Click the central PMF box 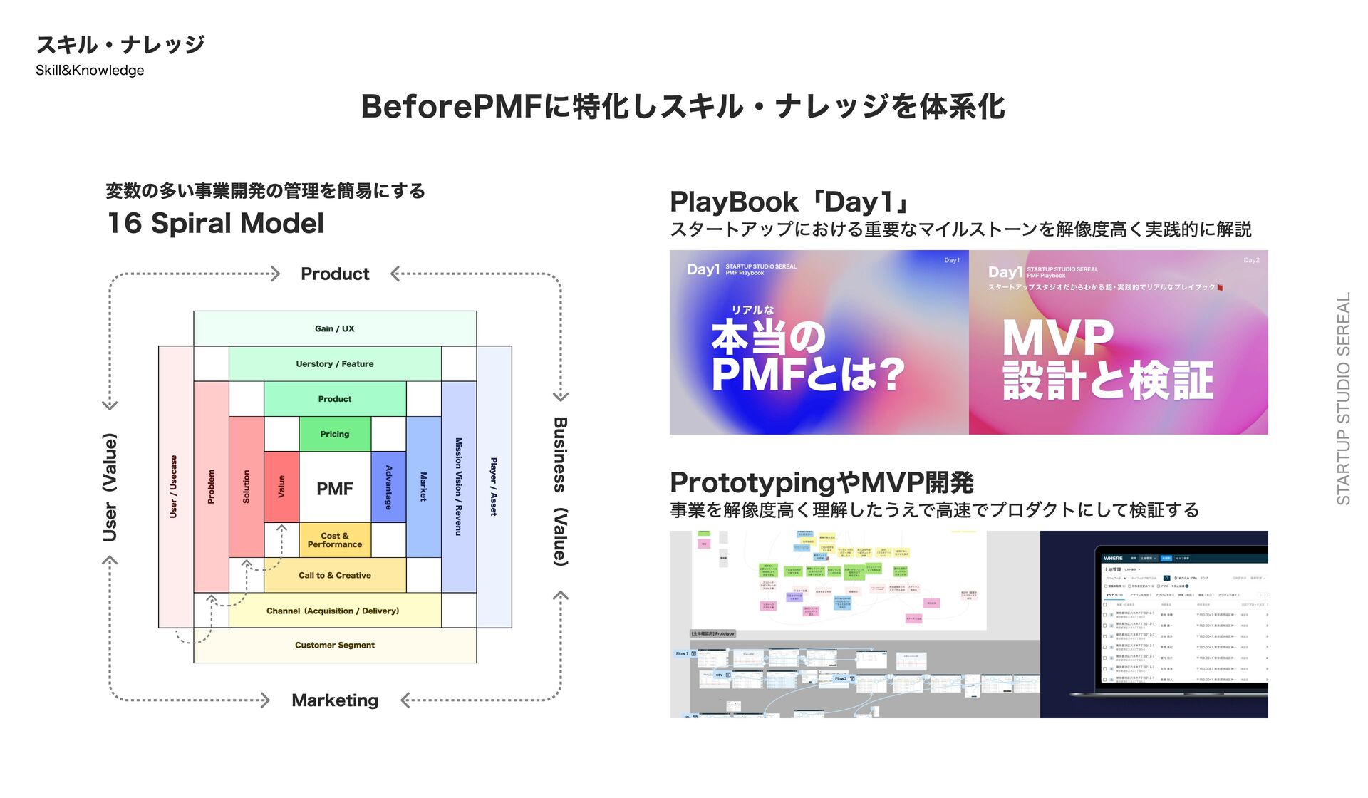(335, 488)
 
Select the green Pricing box (335, 434)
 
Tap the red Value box (281, 487)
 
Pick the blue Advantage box (388, 487)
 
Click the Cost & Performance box (335, 540)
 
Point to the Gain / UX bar (335, 328)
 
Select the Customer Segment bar (335, 646)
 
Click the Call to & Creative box (335, 575)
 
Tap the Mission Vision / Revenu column (459, 487)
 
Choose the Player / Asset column (494, 487)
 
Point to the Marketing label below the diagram (335, 700)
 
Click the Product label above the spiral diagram (335, 274)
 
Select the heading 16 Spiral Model (215, 224)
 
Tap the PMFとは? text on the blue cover (807, 375)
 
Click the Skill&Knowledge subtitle (90, 71)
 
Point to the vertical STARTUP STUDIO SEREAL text (1343, 399)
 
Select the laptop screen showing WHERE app (1183, 616)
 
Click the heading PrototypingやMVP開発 (822, 482)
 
